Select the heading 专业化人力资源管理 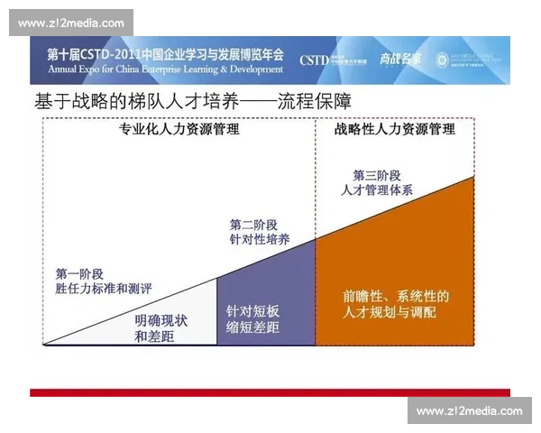coord(179,130)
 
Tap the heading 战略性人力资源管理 coord(394,130)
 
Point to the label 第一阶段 coord(79,273)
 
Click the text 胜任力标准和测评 coord(104,289)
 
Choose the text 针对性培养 coord(260,240)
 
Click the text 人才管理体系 coord(377,190)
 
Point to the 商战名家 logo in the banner coord(399,60)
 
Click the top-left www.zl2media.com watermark coord(71,23)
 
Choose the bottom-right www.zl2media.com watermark coord(469,411)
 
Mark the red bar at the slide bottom coord(270,392)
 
